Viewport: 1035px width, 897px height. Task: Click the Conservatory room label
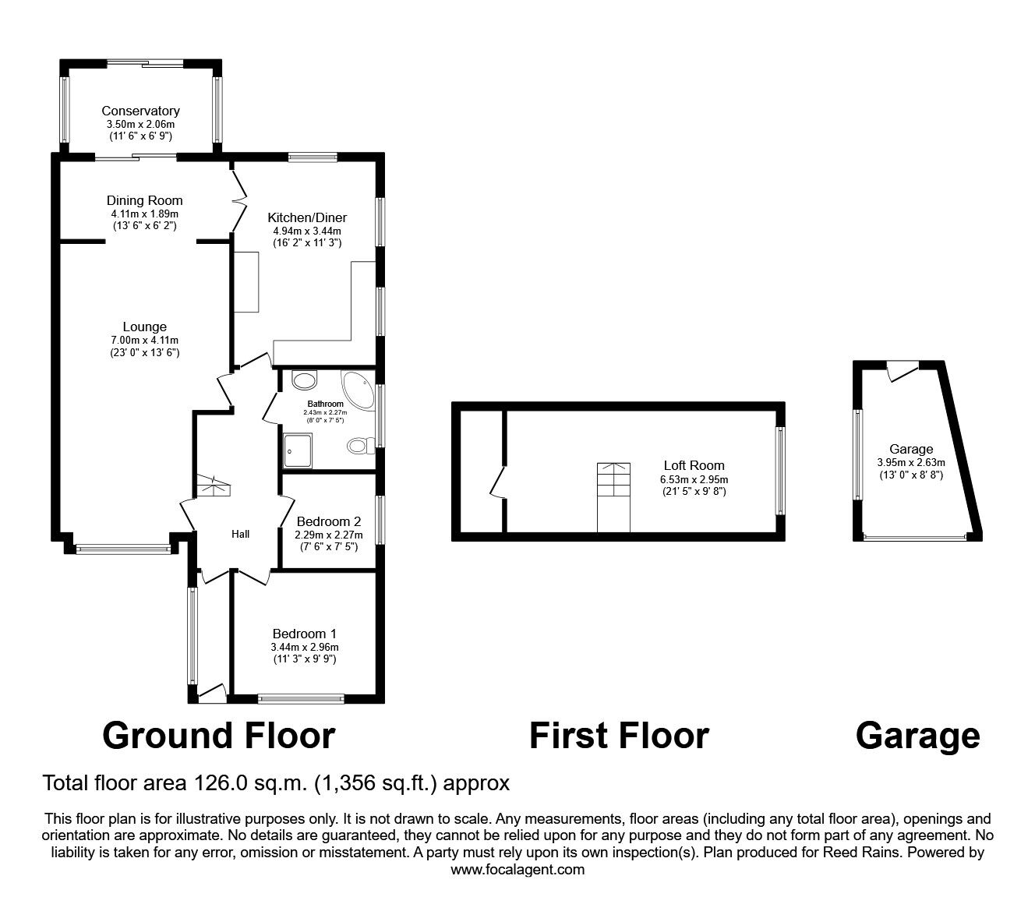(140, 111)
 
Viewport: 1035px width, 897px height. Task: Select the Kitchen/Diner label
(307, 217)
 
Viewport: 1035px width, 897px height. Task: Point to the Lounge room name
(144, 327)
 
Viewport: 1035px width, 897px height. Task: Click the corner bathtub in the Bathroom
(359, 387)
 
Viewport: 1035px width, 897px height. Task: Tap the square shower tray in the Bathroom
(298, 450)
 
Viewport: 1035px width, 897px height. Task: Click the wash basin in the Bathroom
(305, 380)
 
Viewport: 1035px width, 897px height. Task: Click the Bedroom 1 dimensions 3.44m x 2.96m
(304, 647)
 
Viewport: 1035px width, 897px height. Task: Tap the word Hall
(240, 534)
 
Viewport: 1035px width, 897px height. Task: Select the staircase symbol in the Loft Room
(613, 497)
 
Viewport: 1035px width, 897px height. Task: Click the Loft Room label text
(694, 466)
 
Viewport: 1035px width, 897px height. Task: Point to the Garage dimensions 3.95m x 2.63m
(911, 461)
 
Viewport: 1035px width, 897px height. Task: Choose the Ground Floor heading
(219, 735)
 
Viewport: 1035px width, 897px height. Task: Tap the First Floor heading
(619, 735)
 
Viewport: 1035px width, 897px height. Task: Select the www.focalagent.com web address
(517, 869)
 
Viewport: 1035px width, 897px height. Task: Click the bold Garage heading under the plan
(917, 735)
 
